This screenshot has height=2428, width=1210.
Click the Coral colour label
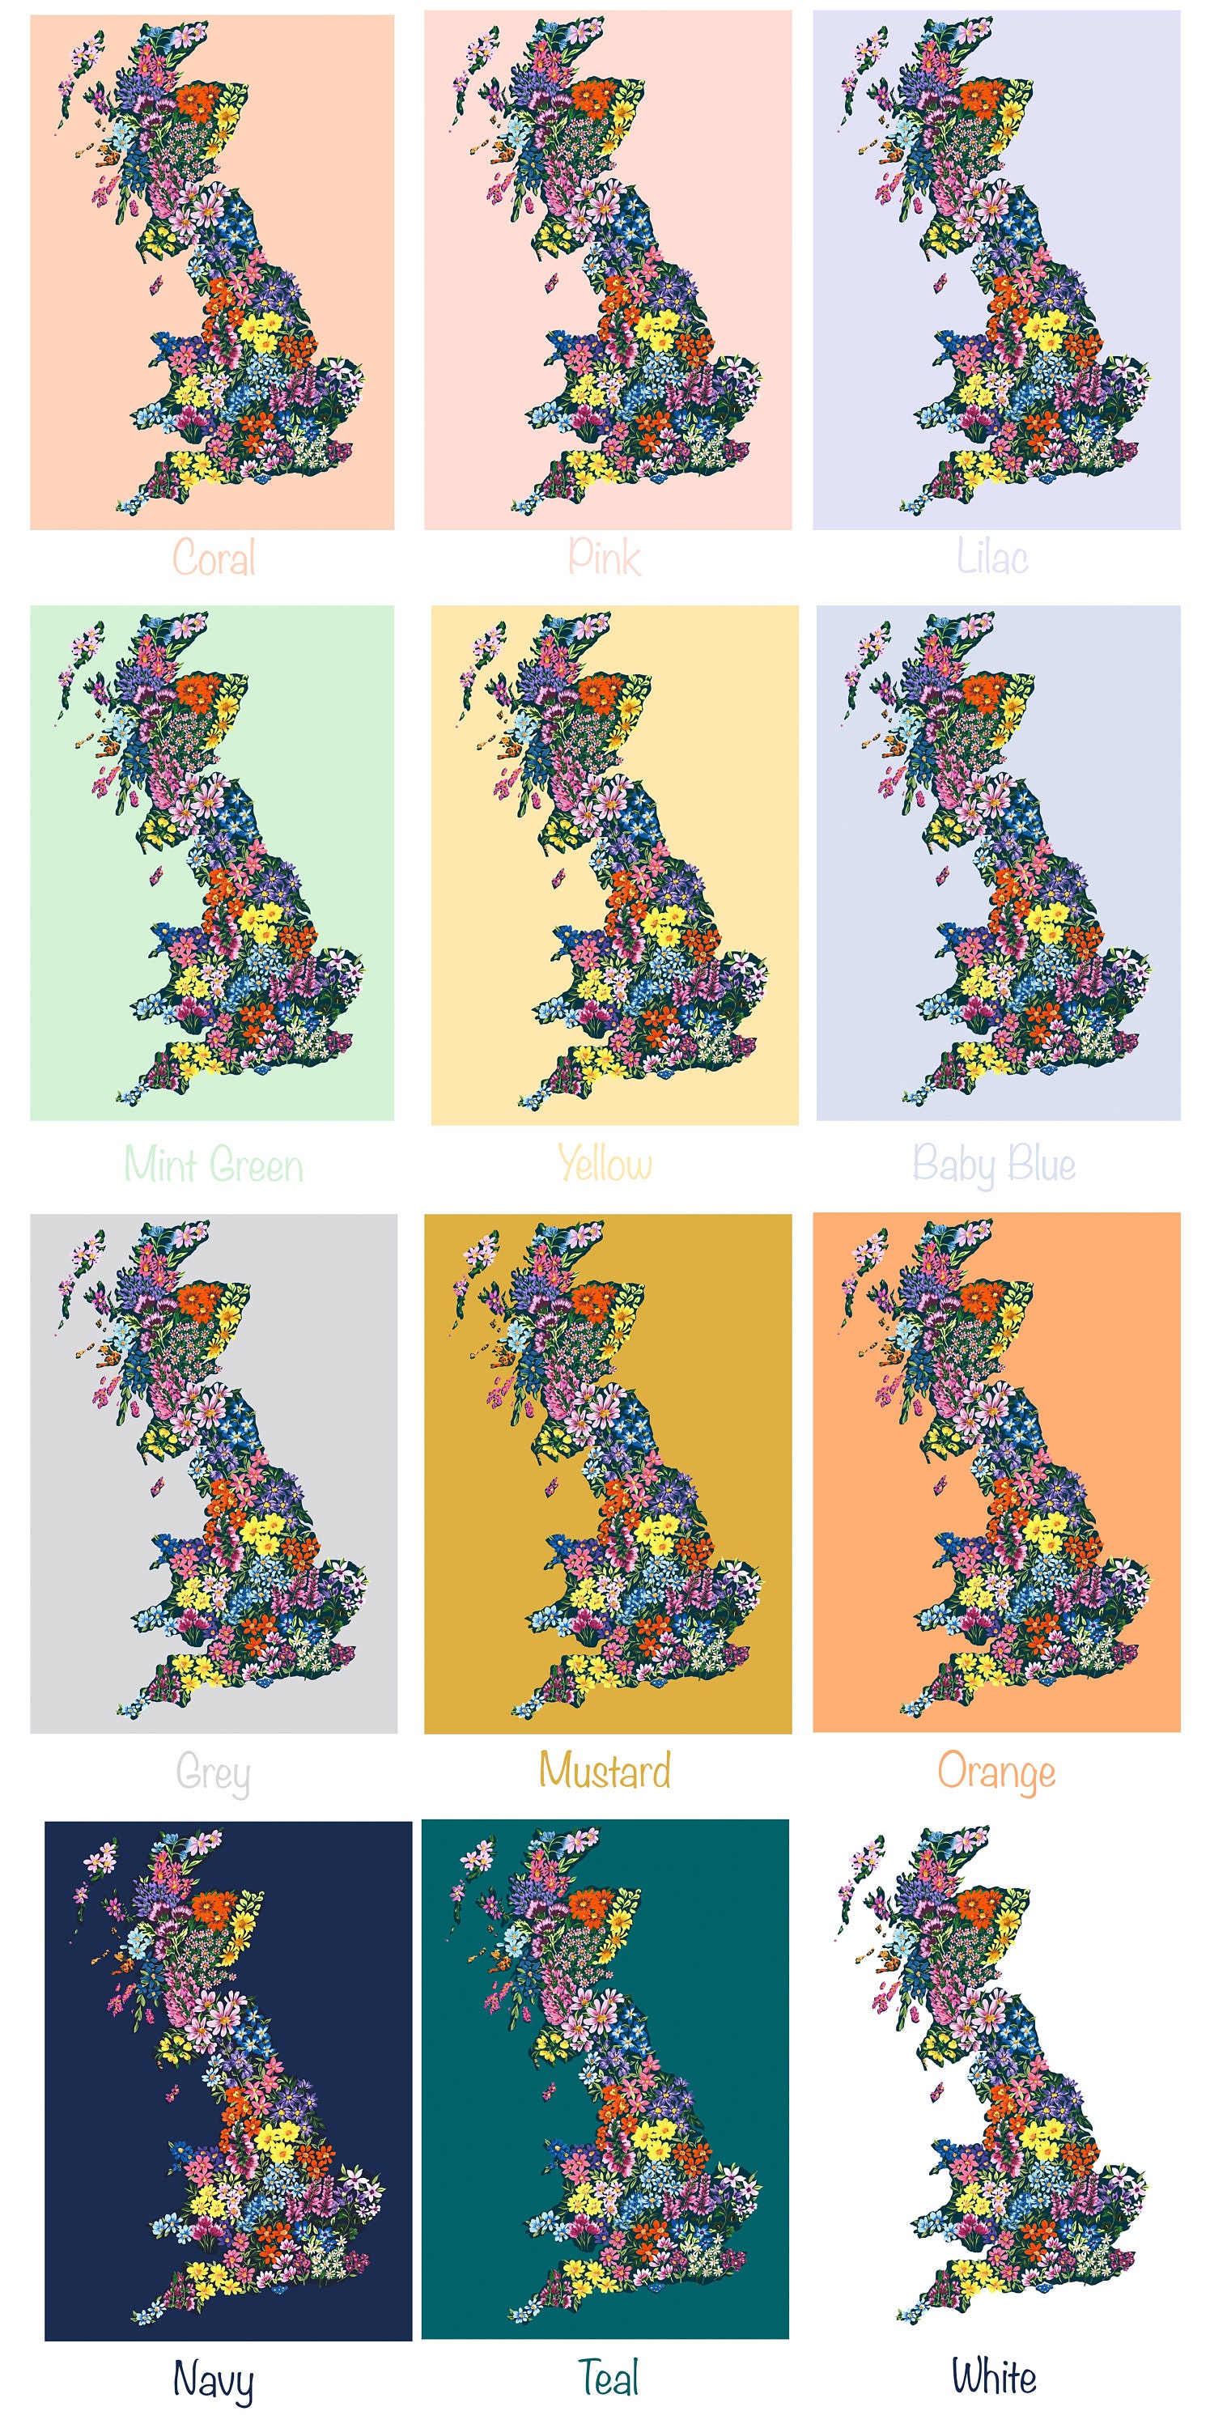point(214,558)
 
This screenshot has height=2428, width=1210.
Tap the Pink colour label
point(604,557)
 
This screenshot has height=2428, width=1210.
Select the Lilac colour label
point(992,557)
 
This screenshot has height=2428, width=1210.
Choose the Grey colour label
point(213,1774)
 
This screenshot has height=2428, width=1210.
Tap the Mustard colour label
point(605,1771)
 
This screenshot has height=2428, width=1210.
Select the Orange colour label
point(996,1773)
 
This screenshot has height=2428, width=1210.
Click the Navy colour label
point(213,2380)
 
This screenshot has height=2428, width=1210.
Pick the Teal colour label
point(608,2378)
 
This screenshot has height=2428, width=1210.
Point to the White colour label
point(993,2378)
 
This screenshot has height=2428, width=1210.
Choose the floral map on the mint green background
point(245,905)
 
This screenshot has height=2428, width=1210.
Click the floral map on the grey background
point(245,1508)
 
